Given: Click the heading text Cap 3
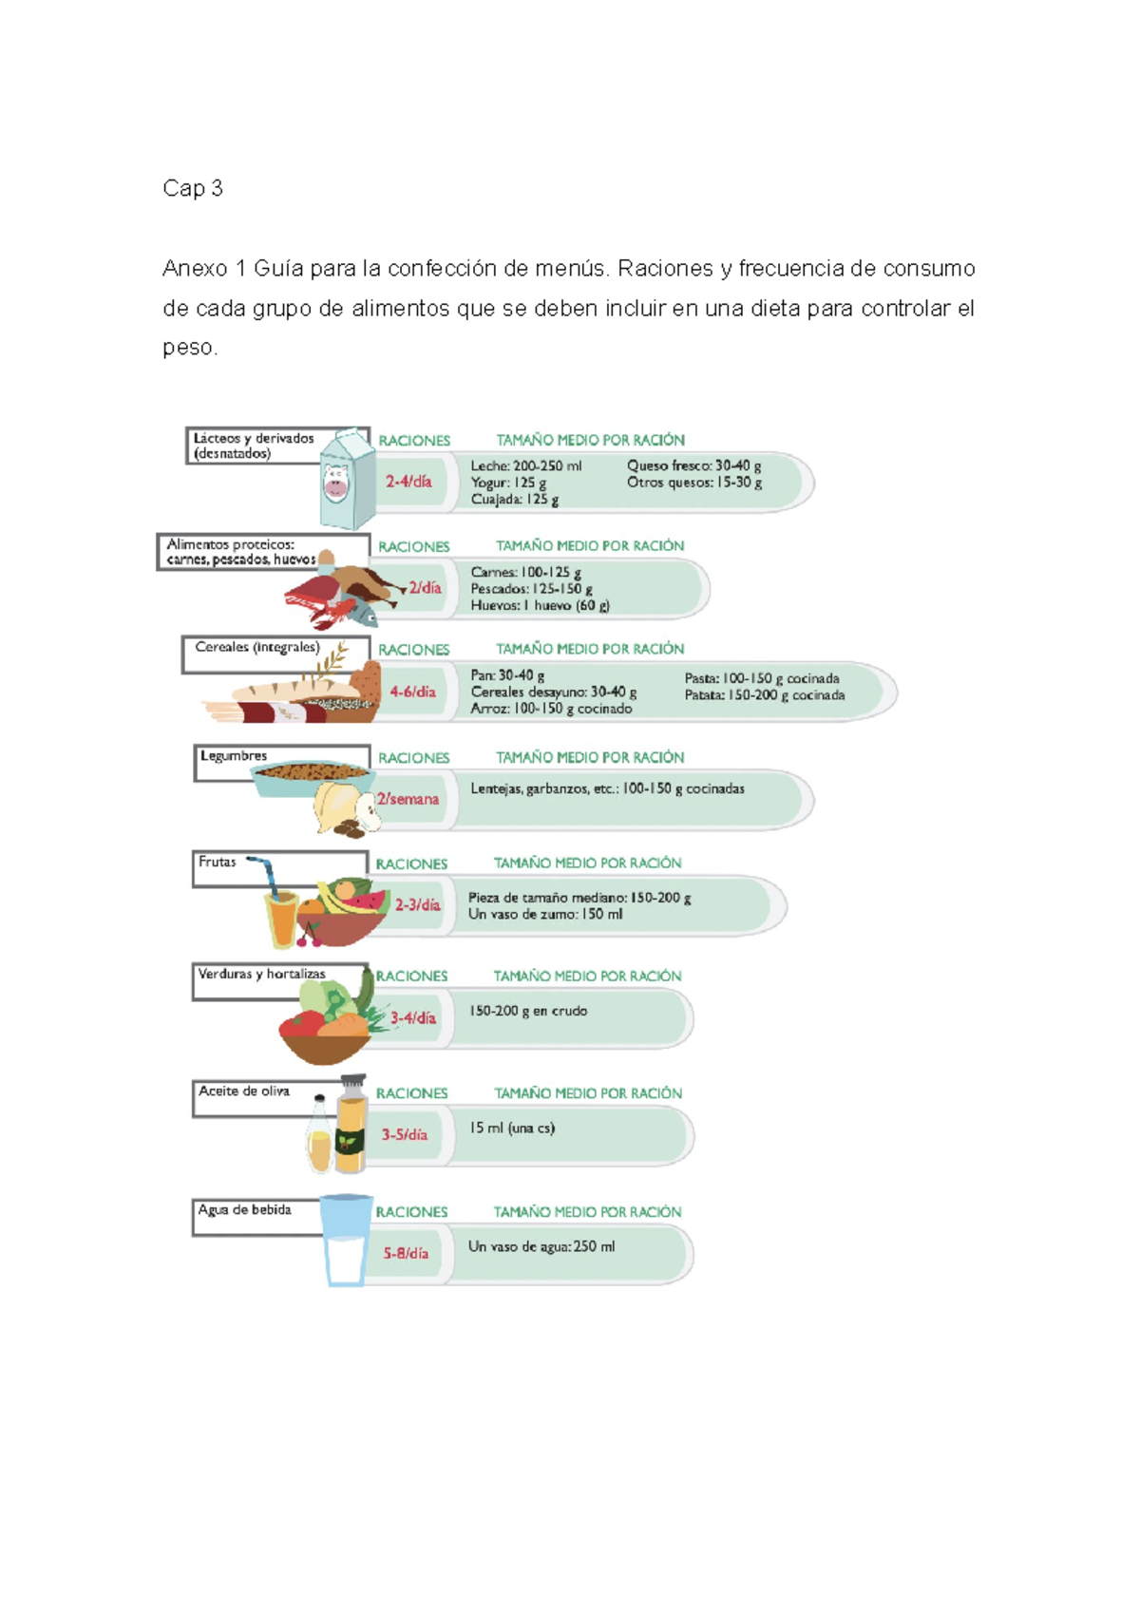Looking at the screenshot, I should click(192, 188).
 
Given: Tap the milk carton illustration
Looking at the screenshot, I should click(343, 479).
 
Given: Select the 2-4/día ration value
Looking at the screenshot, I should click(408, 482).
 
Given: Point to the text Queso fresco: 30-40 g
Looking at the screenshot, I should click(693, 465).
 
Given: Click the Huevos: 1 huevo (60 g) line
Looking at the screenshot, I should click(540, 605).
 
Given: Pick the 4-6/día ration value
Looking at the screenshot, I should click(412, 692).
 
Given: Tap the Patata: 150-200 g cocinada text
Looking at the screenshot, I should click(764, 695).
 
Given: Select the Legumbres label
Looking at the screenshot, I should click(234, 756).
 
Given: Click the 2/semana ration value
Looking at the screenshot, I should click(408, 799).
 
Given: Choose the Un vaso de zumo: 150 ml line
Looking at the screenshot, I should click(545, 914).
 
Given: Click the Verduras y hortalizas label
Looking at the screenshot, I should click(261, 974).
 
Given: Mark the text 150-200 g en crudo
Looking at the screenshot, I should click(527, 1011).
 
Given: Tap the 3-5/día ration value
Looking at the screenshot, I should click(405, 1134).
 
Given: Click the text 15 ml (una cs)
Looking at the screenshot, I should click(511, 1129).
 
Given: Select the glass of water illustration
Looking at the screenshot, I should click(345, 1240).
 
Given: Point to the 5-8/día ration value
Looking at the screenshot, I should click(406, 1253).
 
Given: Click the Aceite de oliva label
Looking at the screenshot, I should click(244, 1091).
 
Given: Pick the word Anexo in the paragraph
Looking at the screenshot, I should click(193, 269).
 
